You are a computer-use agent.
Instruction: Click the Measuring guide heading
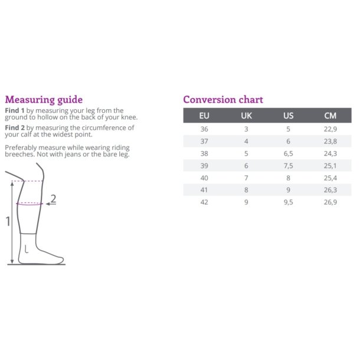point(44,100)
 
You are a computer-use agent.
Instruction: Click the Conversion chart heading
point(223,100)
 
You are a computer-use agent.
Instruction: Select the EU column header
point(204,116)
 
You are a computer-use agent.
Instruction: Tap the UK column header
point(246,116)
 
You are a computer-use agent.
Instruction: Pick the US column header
point(289,116)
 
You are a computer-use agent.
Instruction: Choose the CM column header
point(330,116)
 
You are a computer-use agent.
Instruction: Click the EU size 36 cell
point(204,129)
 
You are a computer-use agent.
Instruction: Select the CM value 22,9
point(330,129)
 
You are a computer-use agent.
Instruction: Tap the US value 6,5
point(289,153)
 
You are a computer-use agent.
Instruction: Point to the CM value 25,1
point(330,166)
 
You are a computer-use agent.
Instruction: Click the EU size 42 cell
point(204,202)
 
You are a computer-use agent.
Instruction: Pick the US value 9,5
point(289,202)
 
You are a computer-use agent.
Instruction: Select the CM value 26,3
point(330,190)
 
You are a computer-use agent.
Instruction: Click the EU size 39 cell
point(204,166)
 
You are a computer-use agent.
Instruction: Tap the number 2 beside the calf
point(53,199)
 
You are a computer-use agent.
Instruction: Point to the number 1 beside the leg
point(8,221)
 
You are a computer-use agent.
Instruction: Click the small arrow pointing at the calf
point(51,204)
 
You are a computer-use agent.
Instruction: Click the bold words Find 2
point(15,127)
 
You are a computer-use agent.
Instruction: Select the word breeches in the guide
point(19,154)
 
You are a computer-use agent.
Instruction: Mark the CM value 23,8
point(330,142)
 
